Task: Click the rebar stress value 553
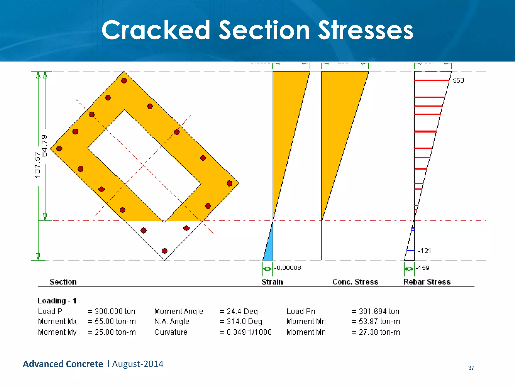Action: [458, 80]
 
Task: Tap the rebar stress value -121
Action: [424, 251]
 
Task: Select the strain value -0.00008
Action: [287, 268]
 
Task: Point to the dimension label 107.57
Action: [37, 165]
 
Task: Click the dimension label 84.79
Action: [44, 146]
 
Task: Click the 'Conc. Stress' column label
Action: [355, 282]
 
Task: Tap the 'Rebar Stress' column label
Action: [427, 282]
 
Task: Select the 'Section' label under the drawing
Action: [63, 282]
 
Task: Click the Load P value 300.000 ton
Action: [115, 311]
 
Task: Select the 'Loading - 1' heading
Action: [57, 301]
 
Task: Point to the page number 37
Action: [471, 368]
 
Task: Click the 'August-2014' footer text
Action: [138, 364]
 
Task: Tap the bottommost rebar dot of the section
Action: [164, 251]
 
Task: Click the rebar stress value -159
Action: [422, 268]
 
